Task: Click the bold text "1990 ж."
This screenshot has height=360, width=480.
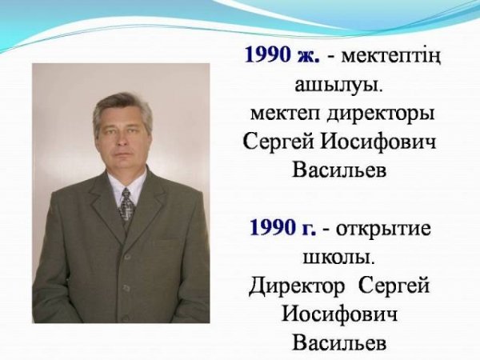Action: (282, 55)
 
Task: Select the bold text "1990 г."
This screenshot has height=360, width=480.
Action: (282, 228)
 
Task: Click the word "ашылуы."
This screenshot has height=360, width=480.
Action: (339, 85)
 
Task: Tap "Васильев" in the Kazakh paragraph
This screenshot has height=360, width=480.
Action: (339, 170)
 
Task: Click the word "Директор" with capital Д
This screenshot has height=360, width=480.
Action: (297, 286)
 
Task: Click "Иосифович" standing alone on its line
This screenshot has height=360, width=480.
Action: (339, 314)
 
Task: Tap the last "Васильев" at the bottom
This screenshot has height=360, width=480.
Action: (339, 342)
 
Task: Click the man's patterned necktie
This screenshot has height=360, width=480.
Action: (126, 207)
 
